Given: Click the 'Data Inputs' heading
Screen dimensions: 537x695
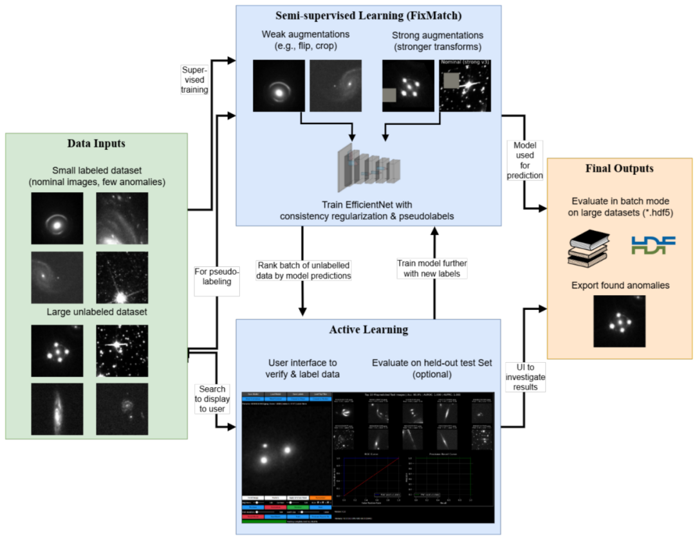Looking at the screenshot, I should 97,144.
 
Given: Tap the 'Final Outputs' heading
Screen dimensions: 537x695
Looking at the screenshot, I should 620,168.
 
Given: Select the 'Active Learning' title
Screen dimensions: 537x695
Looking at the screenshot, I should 368,330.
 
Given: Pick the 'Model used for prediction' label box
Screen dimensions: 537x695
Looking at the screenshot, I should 524,161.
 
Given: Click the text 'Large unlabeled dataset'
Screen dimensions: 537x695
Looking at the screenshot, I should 97,313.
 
